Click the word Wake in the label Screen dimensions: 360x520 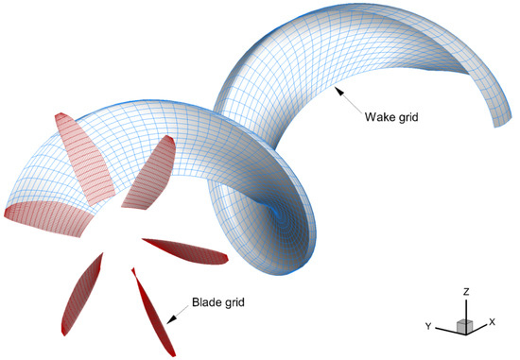378,119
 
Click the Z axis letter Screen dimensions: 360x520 467,292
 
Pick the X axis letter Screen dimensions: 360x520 492,321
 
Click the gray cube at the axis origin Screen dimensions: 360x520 464,326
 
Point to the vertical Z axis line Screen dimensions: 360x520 466,308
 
